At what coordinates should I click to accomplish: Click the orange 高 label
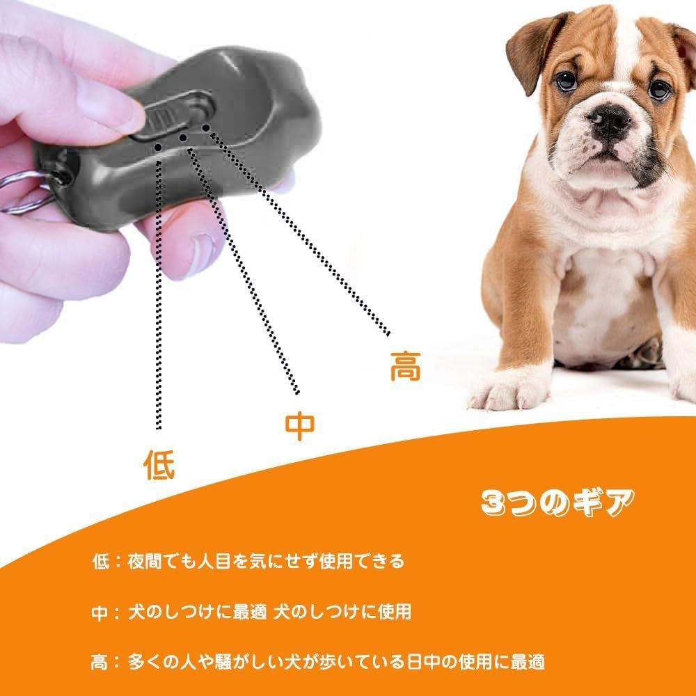405,366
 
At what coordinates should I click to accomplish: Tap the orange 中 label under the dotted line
299,426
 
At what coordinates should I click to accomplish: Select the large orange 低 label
159,464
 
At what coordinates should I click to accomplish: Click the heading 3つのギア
558,503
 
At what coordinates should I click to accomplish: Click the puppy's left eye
567,81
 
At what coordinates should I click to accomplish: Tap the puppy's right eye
660,90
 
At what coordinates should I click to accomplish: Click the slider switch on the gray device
175,114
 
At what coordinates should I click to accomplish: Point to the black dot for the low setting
158,147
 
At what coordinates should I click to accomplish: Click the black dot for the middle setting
183,138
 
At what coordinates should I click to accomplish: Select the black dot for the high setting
206,128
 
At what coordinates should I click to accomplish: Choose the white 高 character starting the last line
100,663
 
